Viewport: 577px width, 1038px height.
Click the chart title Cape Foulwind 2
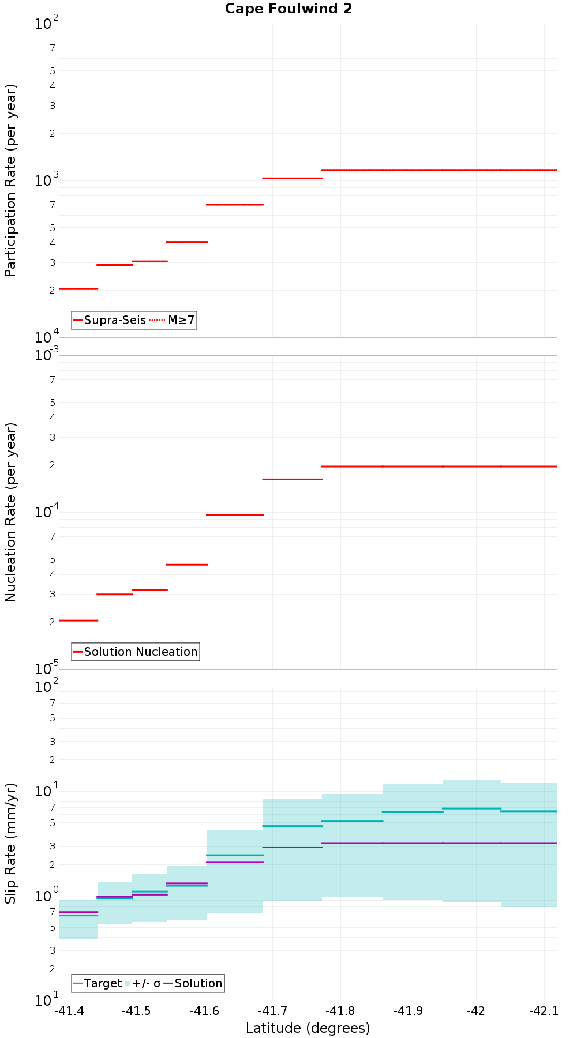click(288, 9)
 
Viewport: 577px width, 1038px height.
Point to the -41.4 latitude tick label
click(69, 1011)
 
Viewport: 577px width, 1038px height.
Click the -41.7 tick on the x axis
click(273, 1011)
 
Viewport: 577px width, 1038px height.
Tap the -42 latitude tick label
click(476, 1011)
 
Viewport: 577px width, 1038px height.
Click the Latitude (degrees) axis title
click(308, 1028)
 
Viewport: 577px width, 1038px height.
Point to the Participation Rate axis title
click(10, 180)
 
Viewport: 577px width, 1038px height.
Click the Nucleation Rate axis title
click(10, 512)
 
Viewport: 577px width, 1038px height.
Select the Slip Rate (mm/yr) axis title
click(10, 844)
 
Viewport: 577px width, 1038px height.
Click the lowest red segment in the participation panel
click(78, 289)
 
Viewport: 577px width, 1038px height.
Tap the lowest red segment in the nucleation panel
click(78, 620)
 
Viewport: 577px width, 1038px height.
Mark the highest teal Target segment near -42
click(471, 808)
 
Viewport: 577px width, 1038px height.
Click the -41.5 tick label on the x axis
click(137, 1011)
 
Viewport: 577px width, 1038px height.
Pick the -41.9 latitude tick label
click(408, 1011)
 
